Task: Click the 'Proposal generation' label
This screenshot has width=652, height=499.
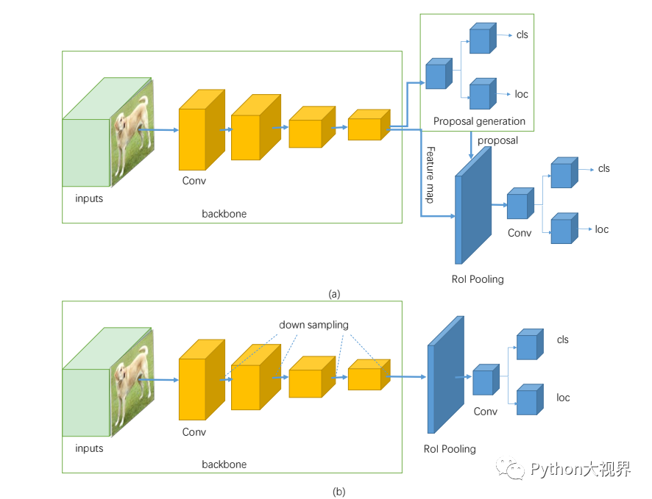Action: pyautogui.click(x=479, y=121)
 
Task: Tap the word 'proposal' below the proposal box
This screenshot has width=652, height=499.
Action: pyautogui.click(x=497, y=140)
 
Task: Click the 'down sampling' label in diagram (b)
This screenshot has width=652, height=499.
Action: pyautogui.click(x=313, y=325)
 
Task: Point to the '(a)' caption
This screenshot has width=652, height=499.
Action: pyautogui.click(x=334, y=293)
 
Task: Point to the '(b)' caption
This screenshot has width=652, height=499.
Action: pyautogui.click(x=339, y=491)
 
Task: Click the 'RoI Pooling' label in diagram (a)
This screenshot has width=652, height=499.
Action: pyautogui.click(x=478, y=279)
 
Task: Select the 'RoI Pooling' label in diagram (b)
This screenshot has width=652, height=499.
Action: pyautogui.click(x=450, y=448)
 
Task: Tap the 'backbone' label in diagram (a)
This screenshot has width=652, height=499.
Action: pyautogui.click(x=224, y=214)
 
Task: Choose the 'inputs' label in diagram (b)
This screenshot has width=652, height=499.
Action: pyautogui.click(x=89, y=448)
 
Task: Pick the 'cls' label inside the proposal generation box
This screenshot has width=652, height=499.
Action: pyautogui.click(x=522, y=35)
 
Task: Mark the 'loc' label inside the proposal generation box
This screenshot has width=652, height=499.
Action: pyautogui.click(x=522, y=94)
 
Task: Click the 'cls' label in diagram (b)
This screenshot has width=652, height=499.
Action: pyautogui.click(x=563, y=340)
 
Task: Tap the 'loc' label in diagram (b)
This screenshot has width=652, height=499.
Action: pyautogui.click(x=563, y=398)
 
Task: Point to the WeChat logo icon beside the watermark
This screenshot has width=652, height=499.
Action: pyautogui.click(x=510, y=469)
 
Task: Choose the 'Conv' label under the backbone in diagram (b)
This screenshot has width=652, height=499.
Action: pyautogui.click(x=194, y=432)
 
